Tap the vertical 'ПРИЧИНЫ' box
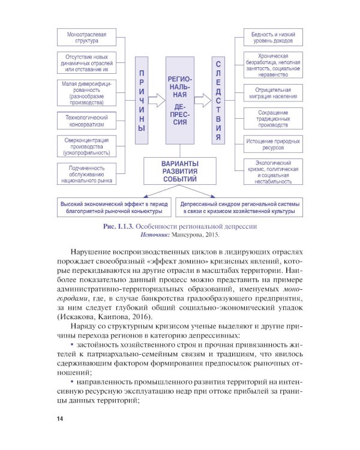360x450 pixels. (141, 101)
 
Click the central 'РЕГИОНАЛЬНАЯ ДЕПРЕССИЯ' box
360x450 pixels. (181, 101)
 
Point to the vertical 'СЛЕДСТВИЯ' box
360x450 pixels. (218, 101)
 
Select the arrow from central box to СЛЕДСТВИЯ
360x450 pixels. (203, 101)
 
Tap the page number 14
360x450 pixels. (60, 418)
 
